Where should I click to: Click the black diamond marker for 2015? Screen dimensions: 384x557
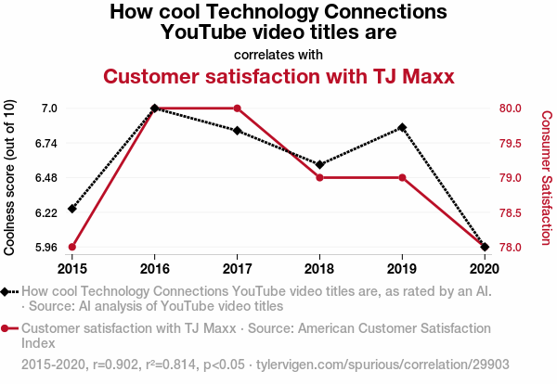[x=72, y=209]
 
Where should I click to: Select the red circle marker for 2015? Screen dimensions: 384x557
[x=72, y=247]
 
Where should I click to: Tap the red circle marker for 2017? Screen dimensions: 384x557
[x=238, y=109]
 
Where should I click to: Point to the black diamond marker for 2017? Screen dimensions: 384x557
[x=238, y=131]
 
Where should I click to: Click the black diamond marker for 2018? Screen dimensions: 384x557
[x=319, y=164]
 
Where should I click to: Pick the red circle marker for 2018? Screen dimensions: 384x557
[x=319, y=177]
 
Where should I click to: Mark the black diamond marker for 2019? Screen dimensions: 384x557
[x=402, y=127]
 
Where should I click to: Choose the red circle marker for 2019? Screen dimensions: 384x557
[x=402, y=177]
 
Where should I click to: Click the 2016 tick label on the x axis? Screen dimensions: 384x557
[x=155, y=269]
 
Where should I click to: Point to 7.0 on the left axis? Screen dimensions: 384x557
[x=48, y=109]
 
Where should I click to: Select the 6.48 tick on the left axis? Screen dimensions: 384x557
[x=43, y=178]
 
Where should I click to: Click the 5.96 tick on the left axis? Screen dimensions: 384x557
[x=43, y=247]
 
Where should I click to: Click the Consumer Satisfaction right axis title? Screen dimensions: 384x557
[x=547, y=178]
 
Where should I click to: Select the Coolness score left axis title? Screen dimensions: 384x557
[x=10, y=178]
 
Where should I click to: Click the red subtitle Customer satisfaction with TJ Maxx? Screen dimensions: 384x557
[x=278, y=76]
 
